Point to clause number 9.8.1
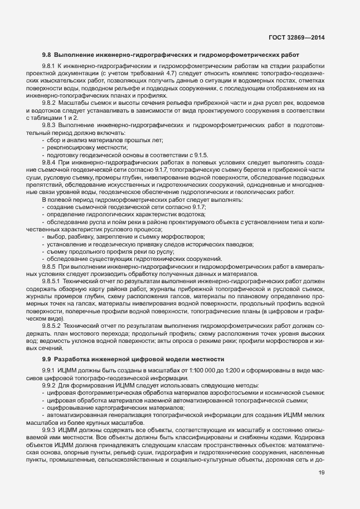tap(49, 66)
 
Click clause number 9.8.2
tap(49, 104)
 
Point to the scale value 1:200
tap(213, 370)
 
